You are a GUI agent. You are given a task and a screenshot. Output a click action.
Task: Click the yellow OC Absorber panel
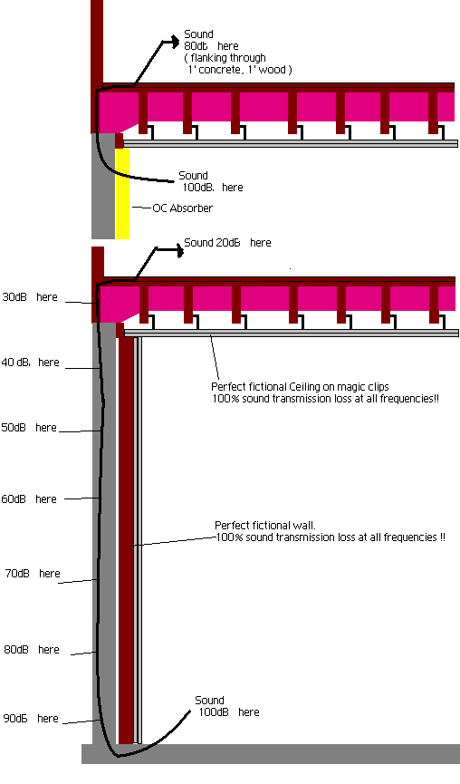pyautogui.click(x=122, y=193)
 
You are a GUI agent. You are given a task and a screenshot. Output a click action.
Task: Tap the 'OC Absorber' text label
pyautogui.click(x=182, y=208)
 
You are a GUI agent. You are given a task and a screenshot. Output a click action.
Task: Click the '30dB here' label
pyautogui.click(x=30, y=297)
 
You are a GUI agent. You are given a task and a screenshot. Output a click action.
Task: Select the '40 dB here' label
pyautogui.click(x=30, y=362)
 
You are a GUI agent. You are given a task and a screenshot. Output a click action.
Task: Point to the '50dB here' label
pyautogui.click(x=29, y=428)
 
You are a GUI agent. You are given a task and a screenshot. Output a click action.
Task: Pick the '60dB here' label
pyautogui.click(x=29, y=499)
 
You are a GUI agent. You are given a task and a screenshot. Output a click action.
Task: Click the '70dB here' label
pyautogui.click(x=33, y=574)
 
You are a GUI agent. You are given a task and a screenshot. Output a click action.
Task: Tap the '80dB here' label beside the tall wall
pyautogui.click(x=32, y=650)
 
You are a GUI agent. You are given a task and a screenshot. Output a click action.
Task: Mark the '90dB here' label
pyautogui.click(x=31, y=719)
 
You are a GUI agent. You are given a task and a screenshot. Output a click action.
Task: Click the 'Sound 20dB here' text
pyautogui.click(x=228, y=243)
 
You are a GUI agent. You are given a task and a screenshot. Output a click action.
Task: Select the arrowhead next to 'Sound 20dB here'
pyautogui.click(x=180, y=250)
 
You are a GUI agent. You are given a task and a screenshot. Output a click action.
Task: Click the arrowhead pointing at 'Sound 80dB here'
pyautogui.click(x=175, y=42)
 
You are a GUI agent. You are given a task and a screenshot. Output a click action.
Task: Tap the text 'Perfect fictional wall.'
pyautogui.click(x=265, y=525)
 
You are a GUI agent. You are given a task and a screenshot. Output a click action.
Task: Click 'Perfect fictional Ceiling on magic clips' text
pyautogui.click(x=300, y=386)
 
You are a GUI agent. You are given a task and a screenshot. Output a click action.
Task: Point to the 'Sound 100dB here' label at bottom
pyautogui.click(x=227, y=706)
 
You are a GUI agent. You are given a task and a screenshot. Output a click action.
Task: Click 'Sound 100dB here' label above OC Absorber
pyautogui.click(x=211, y=181)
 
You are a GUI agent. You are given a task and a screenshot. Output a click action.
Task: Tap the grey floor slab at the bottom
pyautogui.click(x=271, y=753)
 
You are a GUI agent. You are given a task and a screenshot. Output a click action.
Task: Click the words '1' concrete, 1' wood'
pyautogui.click(x=237, y=70)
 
